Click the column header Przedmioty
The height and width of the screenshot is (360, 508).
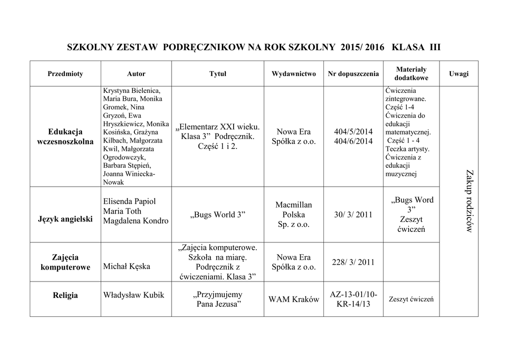(x=65, y=74)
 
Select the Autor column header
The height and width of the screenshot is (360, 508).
(x=136, y=74)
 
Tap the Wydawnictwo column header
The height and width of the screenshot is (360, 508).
(x=294, y=74)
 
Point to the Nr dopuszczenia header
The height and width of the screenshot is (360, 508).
(x=353, y=74)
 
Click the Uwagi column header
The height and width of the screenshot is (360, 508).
(x=458, y=73)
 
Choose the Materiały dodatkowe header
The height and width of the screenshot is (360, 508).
(x=411, y=74)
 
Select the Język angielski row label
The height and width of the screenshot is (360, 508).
(x=65, y=219)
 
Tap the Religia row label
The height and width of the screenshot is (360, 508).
(x=65, y=295)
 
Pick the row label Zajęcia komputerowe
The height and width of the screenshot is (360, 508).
(x=65, y=262)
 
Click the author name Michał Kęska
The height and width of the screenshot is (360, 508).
(x=127, y=267)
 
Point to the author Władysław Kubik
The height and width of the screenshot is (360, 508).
(x=133, y=295)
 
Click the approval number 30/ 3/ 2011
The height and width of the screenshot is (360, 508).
(x=353, y=215)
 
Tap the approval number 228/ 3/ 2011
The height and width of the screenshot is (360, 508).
(x=353, y=262)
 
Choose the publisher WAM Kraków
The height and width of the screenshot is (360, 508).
(x=294, y=300)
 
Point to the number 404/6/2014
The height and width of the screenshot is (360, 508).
(x=353, y=142)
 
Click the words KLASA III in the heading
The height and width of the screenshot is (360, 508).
(x=416, y=48)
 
